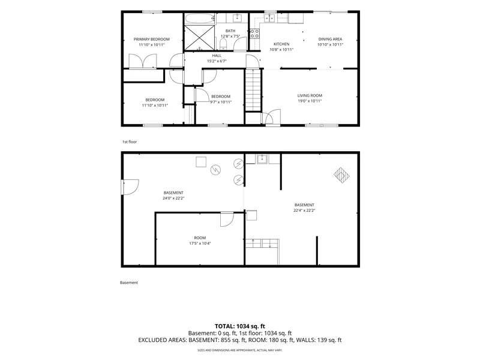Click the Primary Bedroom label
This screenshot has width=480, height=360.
(152, 39)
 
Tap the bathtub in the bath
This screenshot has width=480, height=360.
(200, 19)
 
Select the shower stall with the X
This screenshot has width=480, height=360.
(199, 38)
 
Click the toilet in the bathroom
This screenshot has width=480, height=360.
(223, 44)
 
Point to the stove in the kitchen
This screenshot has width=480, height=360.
(254, 34)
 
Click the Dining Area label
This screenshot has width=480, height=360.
(331, 39)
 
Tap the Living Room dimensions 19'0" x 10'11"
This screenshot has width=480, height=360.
(310, 101)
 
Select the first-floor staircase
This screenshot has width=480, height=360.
(253, 90)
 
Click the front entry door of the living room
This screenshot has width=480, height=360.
(273, 116)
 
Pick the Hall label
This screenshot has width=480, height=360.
(217, 56)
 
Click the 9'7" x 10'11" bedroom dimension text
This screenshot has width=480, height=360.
(221, 102)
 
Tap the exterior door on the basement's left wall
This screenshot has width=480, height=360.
(131, 187)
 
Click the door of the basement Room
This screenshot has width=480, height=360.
(227, 219)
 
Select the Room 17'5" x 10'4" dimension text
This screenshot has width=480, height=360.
(200, 244)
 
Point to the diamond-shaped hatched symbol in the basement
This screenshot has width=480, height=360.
(341, 175)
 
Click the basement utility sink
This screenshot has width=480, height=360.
(262, 159)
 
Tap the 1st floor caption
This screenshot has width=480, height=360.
(130, 142)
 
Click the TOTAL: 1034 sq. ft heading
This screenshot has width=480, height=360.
(240, 326)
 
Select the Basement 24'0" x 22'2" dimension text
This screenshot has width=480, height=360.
(173, 198)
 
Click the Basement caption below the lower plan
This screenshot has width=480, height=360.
(129, 283)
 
